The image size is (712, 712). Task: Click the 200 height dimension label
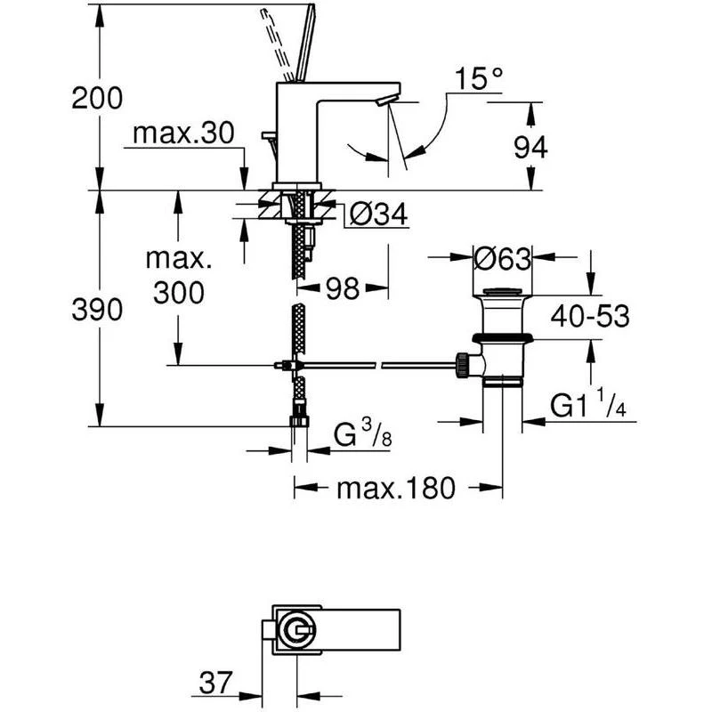click(x=97, y=98)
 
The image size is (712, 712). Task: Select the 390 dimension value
click(x=97, y=310)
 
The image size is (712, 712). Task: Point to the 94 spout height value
click(x=530, y=148)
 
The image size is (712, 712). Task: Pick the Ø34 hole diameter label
click(x=380, y=214)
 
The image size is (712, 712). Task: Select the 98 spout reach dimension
click(x=343, y=287)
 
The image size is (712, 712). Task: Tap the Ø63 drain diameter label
click(x=502, y=258)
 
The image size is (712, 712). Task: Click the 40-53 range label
click(x=590, y=316)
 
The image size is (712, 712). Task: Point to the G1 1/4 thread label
click(x=588, y=404)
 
